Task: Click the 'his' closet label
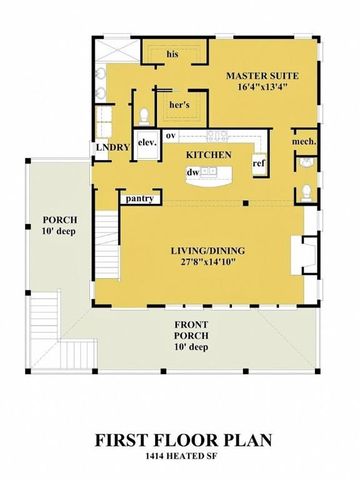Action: click(x=172, y=53)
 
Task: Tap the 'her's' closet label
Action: click(x=180, y=103)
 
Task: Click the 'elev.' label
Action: click(x=145, y=143)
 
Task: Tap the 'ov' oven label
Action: click(x=171, y=134)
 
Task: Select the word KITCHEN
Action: click(x=210, y=155)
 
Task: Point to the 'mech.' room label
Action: click(x=304, y=142)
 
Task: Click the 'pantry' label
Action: click(x=140, y=198)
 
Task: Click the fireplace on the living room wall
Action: click(x=300, y=252)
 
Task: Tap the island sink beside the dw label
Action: click(x=212, y=172)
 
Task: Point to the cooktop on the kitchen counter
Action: click(x=218, y=134)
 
